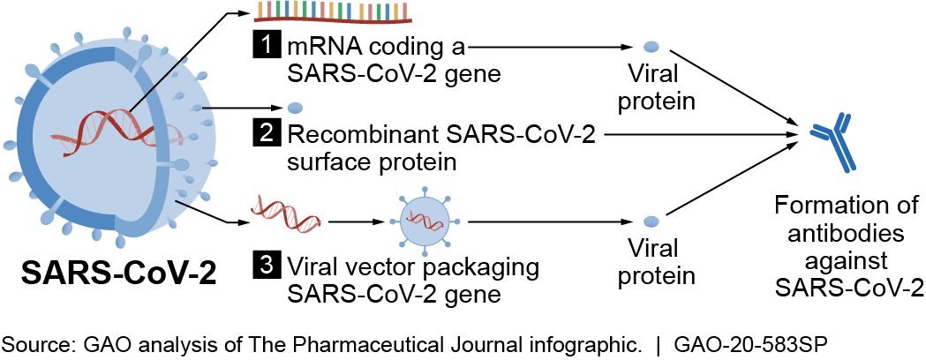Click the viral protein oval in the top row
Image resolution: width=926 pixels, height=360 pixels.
pyautogui.click(x=651, y=46)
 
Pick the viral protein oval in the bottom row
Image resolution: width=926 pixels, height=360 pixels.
pyautogui.click(x=651, y=221)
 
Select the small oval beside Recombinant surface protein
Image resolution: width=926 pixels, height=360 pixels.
pyautogui.click(x=296, y=109)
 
